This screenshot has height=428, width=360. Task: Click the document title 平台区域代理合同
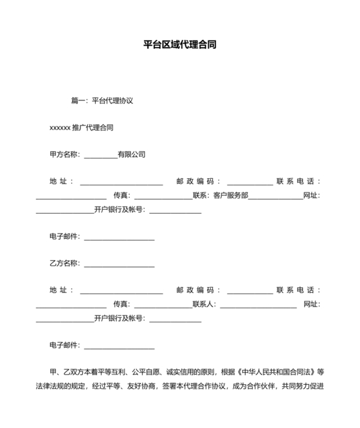179,46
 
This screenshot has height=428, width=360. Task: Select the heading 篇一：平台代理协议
102,101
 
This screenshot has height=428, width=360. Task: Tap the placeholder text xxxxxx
60,128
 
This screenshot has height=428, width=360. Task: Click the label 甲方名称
64,154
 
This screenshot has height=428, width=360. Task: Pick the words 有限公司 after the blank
132,154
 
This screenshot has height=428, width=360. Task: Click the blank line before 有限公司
100,155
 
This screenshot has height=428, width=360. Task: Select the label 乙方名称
64,263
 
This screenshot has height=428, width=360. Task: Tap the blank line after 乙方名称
119,264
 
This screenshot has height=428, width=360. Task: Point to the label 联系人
204,304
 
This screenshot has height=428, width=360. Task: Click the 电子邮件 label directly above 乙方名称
64,237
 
